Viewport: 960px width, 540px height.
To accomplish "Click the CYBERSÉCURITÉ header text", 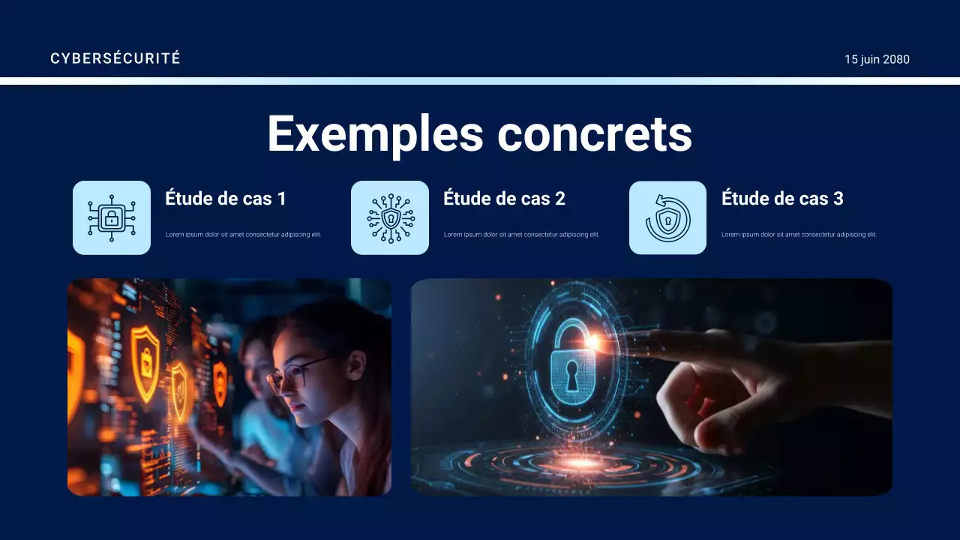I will (115, 58).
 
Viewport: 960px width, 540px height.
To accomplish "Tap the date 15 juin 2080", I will (877, 59).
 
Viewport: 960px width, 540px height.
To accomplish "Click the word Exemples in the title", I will (375, 134).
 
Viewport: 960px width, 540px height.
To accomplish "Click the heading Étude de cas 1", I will (226, 199).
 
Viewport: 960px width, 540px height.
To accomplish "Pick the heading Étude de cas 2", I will (504, 199).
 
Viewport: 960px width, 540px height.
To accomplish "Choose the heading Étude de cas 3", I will (782, 199).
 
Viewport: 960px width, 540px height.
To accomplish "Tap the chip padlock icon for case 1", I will (112, 218).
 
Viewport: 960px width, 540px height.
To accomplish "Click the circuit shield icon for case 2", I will (390, 218).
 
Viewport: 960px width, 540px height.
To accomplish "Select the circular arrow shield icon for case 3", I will (667, 218).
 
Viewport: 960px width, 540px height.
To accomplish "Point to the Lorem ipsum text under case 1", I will (243, 235).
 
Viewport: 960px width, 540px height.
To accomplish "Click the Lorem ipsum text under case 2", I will (521, 235).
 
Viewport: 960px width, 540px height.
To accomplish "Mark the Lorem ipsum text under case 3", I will (799, 235).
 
